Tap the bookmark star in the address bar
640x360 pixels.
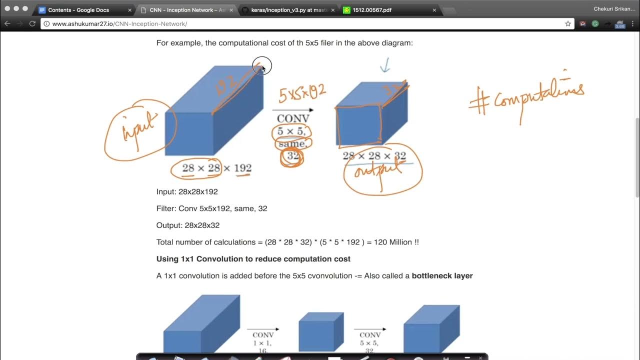click(x=568, y=23)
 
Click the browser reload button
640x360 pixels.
click(x=32, y=23)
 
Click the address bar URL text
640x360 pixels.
click(x=119, y=24)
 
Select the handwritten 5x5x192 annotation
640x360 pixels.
click(x=302, y=93)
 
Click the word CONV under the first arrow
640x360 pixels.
click(x=293, y=119)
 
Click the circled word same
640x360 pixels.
click(x=292, y=144)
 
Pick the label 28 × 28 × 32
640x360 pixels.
click(x=374, y=156)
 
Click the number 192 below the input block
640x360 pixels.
click(x=242, y=168)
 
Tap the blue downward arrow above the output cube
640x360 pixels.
click(x=384, y=65)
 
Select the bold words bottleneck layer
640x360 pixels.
click(x=442, y=275)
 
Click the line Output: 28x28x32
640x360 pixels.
click(x=188, y=225)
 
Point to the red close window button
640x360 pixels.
click(x=7, y=9)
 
